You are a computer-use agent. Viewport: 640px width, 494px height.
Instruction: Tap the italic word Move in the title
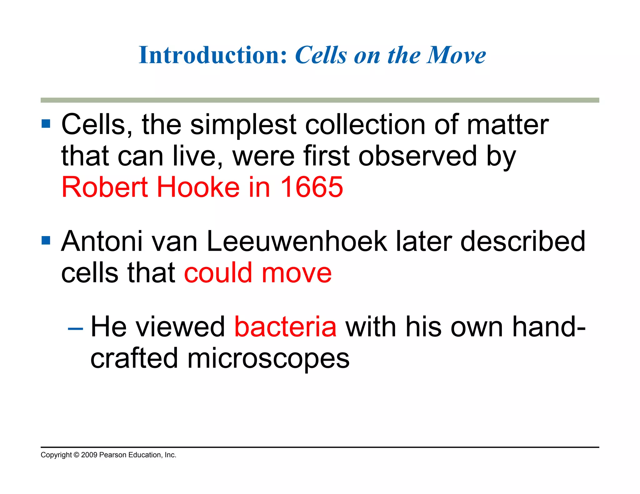coord(457,55)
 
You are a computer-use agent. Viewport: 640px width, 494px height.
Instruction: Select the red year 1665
coord(312,187)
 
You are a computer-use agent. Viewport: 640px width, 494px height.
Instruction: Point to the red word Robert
coord(105,187)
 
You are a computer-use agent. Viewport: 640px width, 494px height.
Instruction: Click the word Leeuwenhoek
coord(297,241)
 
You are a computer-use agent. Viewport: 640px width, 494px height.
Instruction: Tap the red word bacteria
coord(285,327)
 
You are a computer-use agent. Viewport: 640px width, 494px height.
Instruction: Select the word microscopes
coord(268,358)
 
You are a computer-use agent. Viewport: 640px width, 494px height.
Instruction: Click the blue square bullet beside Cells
coord(46,124)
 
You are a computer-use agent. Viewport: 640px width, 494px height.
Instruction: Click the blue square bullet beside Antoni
coord(46,240)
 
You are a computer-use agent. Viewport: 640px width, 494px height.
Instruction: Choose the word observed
coord(417,156)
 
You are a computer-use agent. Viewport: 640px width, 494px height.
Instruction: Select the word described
coord(522,241)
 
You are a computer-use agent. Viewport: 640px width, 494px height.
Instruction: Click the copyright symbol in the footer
coord(76,455)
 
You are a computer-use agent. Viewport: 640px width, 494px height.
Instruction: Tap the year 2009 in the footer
coord(89,455)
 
